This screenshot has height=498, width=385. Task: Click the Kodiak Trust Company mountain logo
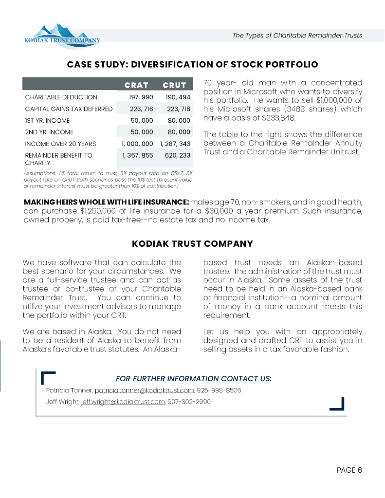63,36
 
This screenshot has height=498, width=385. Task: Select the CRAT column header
136,85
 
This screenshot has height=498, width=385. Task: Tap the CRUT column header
174,85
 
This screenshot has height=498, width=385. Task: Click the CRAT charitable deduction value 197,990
141,97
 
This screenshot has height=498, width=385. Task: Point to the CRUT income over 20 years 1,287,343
175,144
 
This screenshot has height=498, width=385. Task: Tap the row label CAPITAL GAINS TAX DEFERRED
69,109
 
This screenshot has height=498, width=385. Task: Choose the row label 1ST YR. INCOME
47,120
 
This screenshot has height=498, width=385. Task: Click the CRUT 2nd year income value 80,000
179,132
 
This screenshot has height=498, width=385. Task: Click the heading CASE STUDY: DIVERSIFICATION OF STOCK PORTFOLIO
192,64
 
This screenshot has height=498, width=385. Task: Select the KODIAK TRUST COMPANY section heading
192,243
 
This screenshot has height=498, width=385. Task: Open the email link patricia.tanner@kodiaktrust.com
145,390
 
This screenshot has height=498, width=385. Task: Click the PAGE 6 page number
349,470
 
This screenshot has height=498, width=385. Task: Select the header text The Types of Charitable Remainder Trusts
297,36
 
